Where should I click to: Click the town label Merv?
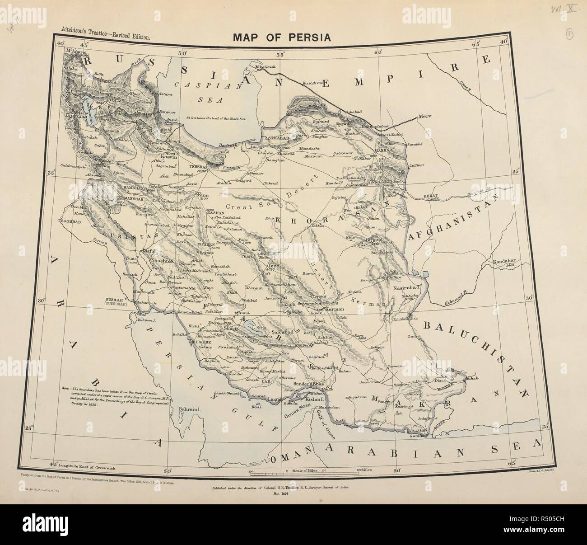click(x=425, y=116)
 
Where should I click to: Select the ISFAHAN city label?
click(x=206, y=244)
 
